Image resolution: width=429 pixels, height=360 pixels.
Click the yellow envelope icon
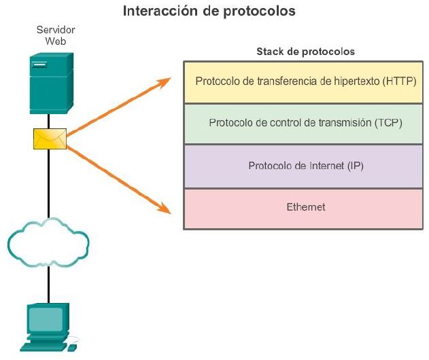click(x=50, y=139)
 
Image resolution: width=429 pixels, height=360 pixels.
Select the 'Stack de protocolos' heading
click(x=305, y=52)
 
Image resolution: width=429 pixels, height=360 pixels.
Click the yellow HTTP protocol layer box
click(x=305, y=82)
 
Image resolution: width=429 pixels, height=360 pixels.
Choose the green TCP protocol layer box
click(x=305, y=124)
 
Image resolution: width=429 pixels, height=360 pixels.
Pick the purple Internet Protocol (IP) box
click(x=305, y=166)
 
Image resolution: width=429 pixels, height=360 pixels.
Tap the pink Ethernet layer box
click(x=305, y=208)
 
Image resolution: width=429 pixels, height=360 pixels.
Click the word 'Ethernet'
click(x=305, y=207)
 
